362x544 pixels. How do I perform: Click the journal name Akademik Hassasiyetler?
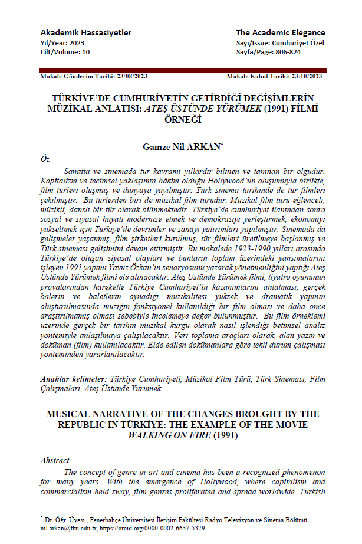pos(85,32)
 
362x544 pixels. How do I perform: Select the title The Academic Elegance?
pos(280,32)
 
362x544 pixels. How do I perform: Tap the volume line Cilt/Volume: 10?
pos(65,52)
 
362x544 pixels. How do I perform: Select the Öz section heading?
pos(44,159)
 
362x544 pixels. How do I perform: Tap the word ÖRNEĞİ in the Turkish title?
pos(181,118)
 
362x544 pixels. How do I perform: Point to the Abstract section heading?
pos(54,460)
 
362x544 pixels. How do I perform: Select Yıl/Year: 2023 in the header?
pos(62,43)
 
